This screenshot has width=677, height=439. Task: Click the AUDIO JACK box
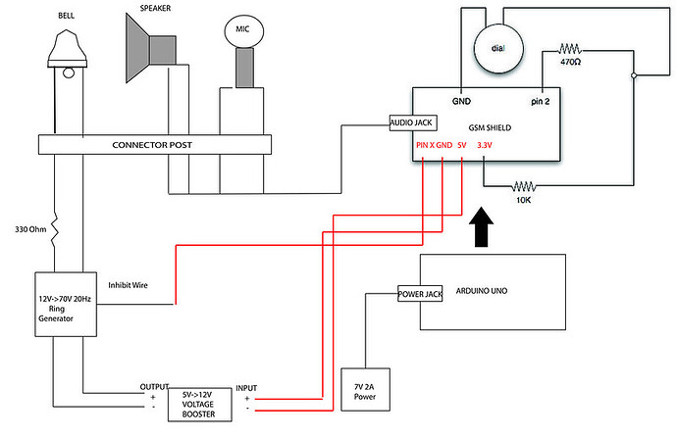point(413,123)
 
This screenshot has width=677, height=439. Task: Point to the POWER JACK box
point(422,292)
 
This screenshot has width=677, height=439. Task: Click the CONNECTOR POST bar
point(151,145)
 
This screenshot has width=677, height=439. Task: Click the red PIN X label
point(424,145)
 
